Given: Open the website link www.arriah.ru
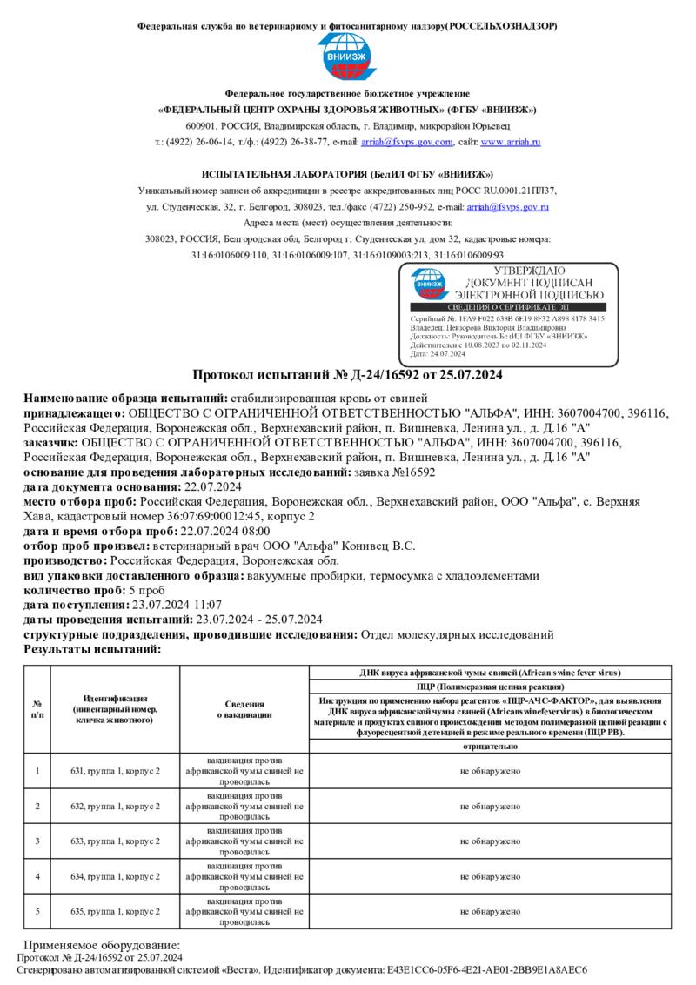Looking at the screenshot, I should [x=511, y=142].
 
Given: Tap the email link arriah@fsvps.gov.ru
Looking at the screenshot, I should [x=507, y=207].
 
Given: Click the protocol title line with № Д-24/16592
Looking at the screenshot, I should [x=347, y=375].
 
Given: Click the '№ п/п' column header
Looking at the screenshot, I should [x=37, y=709].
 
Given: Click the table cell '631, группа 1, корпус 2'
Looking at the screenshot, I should [x=116, y=771].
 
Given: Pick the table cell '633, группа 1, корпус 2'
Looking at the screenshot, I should [x=116, y=841].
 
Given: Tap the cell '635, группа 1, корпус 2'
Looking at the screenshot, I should [x=116, y=911].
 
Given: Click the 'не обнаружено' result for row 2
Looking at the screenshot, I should [x=491, y=807].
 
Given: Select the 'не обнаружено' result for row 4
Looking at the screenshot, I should [x=491, y=876].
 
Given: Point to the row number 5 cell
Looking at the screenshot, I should [x=37, y=911].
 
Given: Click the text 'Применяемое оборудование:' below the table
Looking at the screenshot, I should [x=102, y=945].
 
